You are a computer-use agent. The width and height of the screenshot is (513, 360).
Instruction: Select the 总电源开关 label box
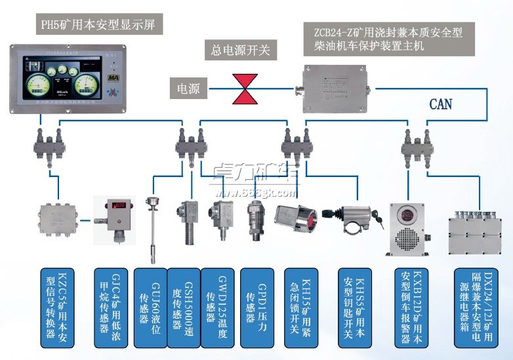pos(240,49)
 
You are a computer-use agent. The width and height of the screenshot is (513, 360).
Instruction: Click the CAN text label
pos(440,104)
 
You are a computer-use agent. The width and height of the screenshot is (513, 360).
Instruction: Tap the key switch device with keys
pos(358,218)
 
